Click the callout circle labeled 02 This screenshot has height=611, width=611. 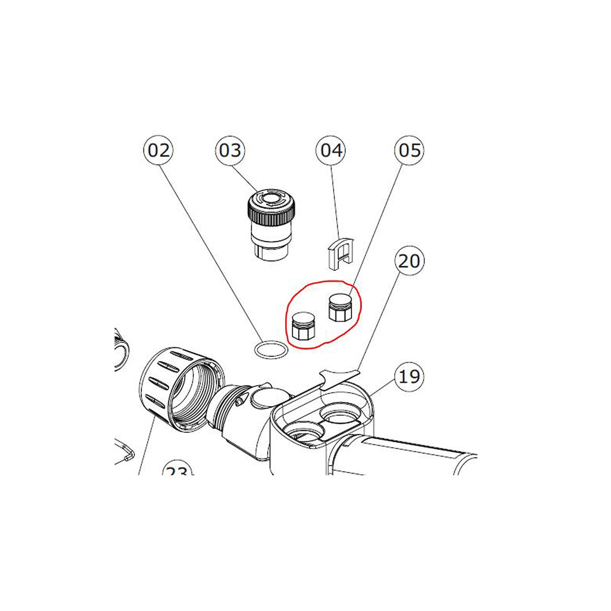point(159,150)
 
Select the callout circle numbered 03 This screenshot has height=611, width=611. point(230,150)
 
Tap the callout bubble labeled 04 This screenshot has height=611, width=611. point(332,150)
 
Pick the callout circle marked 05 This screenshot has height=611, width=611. point(409,150)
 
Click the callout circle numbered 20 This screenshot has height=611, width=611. point(409,261)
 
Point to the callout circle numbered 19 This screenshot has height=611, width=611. point(409,375)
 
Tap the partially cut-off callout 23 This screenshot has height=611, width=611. point(177,471)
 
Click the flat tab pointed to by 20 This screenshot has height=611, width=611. point(340,374)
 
